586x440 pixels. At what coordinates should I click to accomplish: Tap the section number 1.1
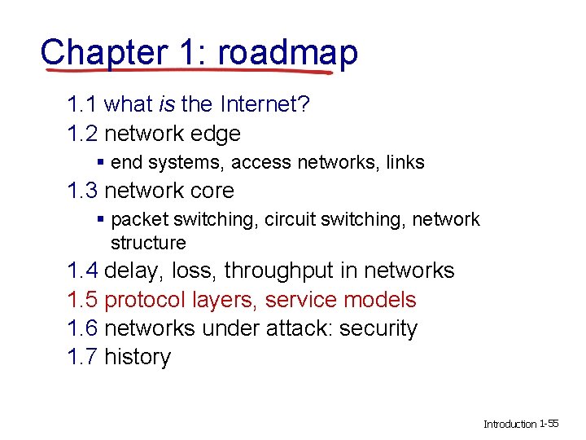coord(83,104)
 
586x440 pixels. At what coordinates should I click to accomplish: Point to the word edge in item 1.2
coord(214,133)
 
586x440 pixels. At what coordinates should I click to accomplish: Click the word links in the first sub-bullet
coord(406,162)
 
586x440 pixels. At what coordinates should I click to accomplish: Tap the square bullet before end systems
coord(100,162)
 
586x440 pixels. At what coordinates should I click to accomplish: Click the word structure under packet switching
coord(148,243)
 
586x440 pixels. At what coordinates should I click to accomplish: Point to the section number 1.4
coord(83,271)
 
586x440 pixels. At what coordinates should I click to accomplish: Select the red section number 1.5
coord(83,300)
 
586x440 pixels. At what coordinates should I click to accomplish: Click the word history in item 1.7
coord(138,357)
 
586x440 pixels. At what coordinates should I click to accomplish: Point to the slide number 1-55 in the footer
coord(549,424)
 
